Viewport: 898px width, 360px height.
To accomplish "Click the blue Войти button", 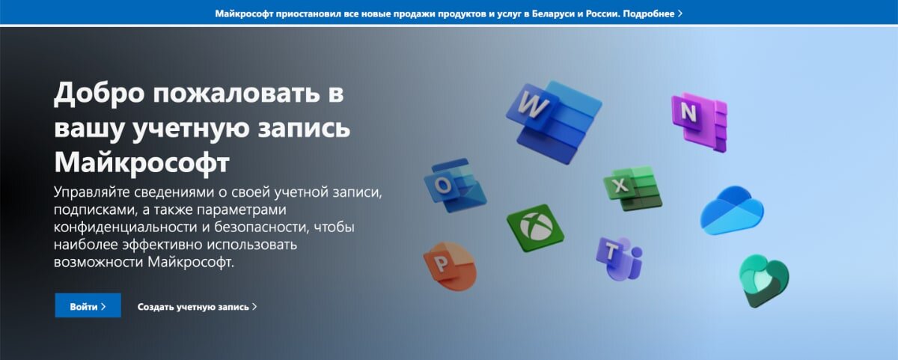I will (88, 306).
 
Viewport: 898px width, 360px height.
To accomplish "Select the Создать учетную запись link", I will (197, 307).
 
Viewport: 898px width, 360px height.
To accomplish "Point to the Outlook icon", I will (453, 186).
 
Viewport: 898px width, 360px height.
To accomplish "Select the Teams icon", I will (619, 257).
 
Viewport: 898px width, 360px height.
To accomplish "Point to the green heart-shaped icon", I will (763, 280).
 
